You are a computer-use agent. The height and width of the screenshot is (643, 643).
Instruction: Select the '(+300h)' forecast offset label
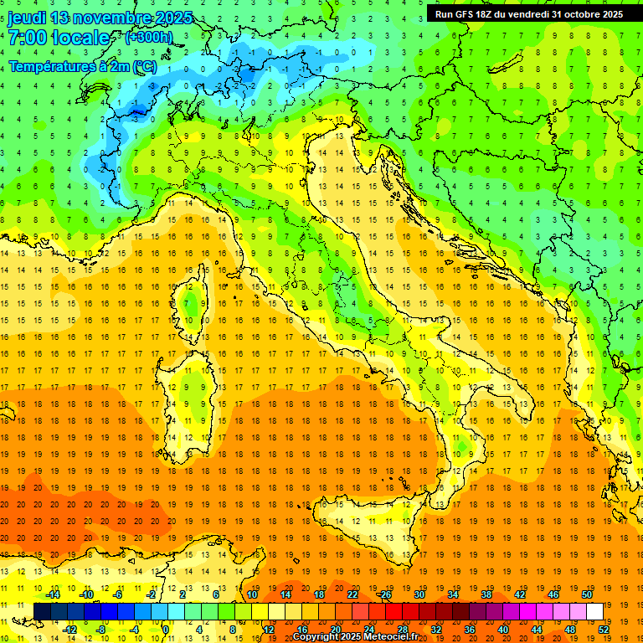pyautogui.click(x=148, y=38)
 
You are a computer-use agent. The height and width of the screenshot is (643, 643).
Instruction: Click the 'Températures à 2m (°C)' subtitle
pyautogui.click(x=82, y=65)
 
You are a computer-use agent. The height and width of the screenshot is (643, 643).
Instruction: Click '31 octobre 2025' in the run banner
pyautogui.click(x=587, y=14)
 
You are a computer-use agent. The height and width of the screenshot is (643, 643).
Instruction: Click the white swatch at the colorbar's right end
pyautogui.click(x=594, y=611)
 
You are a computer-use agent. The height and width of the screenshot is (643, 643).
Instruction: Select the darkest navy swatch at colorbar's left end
pyautogui.click(x=42, y=611)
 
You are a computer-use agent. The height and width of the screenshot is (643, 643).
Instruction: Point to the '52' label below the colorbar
pyautogui.click(x=604, y=629)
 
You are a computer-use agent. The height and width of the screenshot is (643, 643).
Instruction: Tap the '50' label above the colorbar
pyautogui.click(x=586, y=595)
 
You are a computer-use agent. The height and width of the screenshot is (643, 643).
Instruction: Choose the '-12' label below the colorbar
pyautogui.click(x=70, y=629)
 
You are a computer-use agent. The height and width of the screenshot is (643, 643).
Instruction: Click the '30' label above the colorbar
pyautogui.click(x=419, y=595)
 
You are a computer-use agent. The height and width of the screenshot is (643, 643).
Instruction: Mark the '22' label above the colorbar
pyautogui.click(x=352, y=595)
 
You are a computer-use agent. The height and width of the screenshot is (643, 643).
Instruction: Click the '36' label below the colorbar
pyautogui.click(x=470, y=629)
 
